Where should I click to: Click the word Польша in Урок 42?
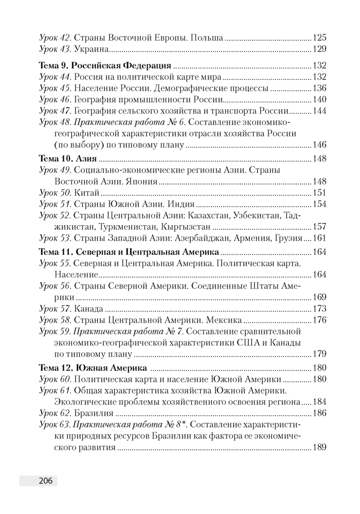point(207,38)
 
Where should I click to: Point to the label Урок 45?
point(56,88)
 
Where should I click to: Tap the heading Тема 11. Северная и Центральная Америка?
point(129,252)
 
